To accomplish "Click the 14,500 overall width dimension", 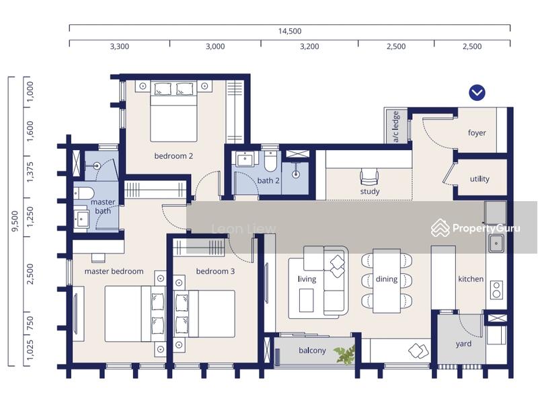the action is point(290,31).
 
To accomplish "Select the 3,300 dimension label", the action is point(120,46).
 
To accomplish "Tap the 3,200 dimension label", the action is point(309,46).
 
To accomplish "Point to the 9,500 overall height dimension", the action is point(15,221).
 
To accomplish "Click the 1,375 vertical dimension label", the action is point(30,172).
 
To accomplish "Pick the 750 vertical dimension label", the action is point(30,324).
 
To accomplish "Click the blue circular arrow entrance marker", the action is point(477,93).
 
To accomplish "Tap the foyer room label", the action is point(477,133).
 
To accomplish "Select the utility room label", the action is point(479,179).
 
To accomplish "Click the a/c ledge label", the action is point(395,126).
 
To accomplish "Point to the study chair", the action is point(369,177).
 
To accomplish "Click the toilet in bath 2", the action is point(270,161).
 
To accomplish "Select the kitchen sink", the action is point(496,244).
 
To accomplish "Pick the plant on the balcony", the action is point(345,355).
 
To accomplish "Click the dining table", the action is point(387,281).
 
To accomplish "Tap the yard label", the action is point(463,344).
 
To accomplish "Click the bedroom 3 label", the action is point(215,271).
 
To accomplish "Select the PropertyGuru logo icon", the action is point(440,228).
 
